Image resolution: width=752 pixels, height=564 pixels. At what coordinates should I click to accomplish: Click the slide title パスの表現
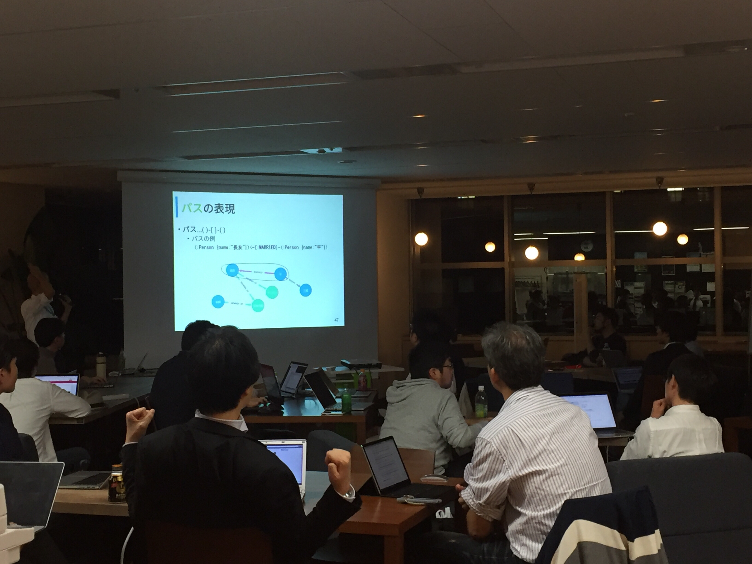208,208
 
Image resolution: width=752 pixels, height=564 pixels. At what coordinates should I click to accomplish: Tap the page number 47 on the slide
337,320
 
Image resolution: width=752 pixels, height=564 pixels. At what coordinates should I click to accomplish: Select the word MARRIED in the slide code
268,247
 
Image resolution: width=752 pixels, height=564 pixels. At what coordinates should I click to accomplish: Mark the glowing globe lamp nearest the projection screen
421,239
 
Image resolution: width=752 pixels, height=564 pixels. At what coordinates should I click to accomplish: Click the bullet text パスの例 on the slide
203,239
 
